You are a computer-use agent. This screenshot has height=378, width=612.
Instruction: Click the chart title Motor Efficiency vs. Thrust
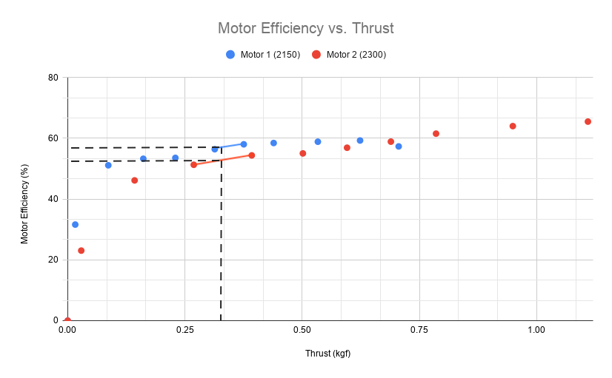click(305, 28)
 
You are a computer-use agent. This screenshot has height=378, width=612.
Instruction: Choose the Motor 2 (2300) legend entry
click(349, 55)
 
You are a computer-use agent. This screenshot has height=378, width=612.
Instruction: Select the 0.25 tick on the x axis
click(184, 328)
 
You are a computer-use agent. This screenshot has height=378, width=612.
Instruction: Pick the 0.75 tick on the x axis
click(419, 328)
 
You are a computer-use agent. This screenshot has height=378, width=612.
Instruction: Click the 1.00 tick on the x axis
click(536, 328)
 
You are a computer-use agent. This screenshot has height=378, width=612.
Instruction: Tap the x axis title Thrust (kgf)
click(327, 354)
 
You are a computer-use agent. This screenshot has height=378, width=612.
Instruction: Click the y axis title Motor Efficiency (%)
click(24, 199)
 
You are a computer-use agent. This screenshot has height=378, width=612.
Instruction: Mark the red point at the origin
click(67, 320)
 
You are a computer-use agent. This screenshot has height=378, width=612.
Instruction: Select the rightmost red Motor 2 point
click(588, 121)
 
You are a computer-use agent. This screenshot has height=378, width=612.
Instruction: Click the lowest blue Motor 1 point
click(75, 224)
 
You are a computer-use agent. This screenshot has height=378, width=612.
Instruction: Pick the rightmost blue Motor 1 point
click(398, 146)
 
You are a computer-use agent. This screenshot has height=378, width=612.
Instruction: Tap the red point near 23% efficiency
click(81, 251)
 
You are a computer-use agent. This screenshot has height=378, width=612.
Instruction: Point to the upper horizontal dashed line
click(141, 148)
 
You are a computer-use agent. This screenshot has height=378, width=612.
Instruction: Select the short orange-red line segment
click(222, 160)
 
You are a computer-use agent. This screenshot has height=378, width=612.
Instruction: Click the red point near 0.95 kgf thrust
click(512, 126)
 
